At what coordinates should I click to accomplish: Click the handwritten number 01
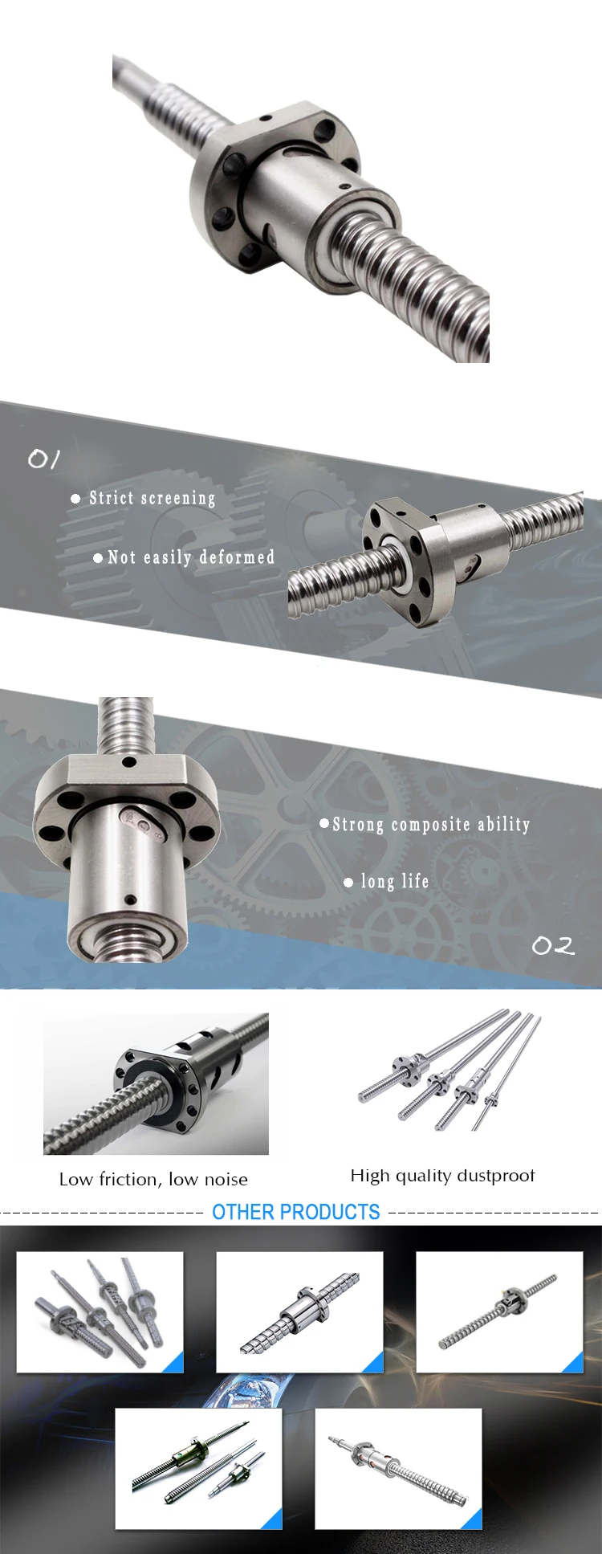(x=43, y=459)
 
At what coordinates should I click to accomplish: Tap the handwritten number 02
(x=553, y=946)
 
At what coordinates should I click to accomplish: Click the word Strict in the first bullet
(x=112, y=498)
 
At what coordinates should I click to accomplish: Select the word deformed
(x=237, y=557)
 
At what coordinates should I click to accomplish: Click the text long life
(x=395, y=881)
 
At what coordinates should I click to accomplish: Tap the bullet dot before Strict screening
(x=75, y=499)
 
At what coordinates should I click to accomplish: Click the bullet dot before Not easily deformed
(x=98, y=557)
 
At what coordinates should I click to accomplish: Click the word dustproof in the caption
(x=495, y=1176)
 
